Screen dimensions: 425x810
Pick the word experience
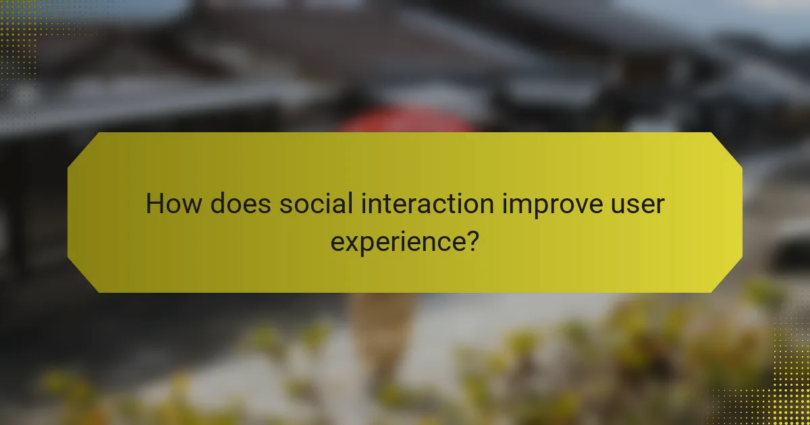(398, 241)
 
